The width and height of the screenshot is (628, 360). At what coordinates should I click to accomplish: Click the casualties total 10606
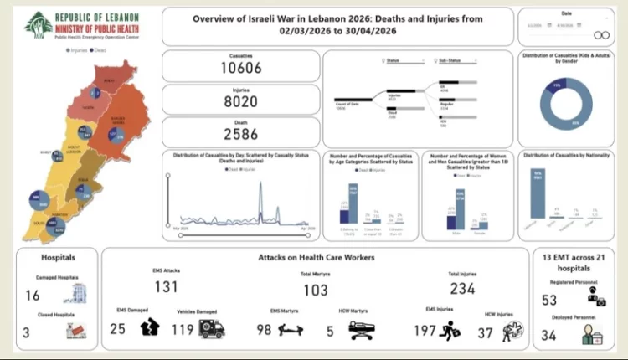(241, 68)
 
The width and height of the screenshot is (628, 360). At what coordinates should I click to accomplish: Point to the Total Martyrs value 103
(315, 289)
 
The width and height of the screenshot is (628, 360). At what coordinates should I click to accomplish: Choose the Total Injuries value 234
(462, 289)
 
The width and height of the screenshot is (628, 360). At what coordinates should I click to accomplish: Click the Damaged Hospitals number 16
(33, 296)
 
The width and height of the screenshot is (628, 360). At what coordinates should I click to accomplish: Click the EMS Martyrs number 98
(265, 330)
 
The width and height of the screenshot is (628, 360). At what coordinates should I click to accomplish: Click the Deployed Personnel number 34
(549, 336)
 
